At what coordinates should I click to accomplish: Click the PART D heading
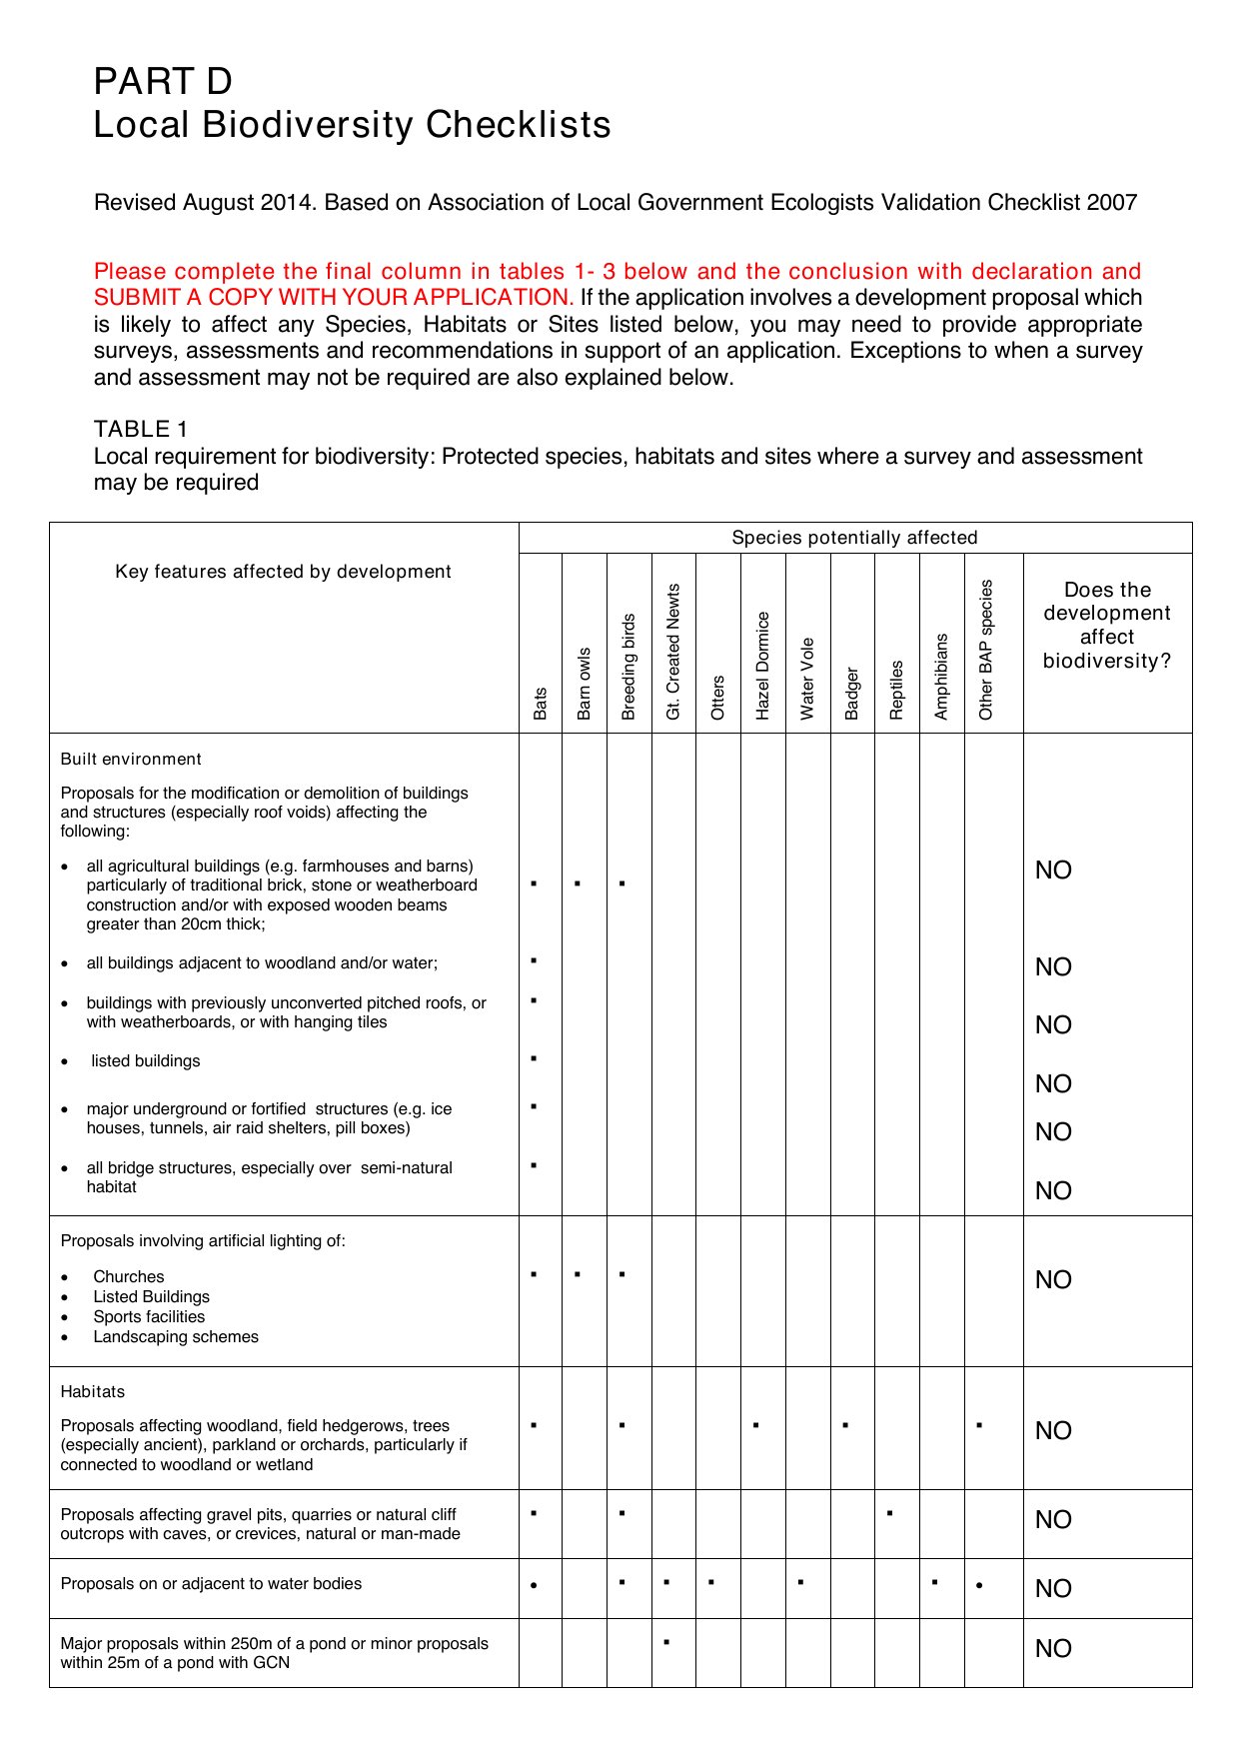click(x=163, y=81)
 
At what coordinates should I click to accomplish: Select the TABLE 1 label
click(x=141, y=429)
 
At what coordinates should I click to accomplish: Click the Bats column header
click(x=541, y=703)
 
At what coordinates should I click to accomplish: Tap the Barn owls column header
click(x=585, y=683)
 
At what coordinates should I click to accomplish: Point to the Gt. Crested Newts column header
click(x=673, y=651)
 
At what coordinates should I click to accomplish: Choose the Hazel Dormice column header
click(x=762, y=665)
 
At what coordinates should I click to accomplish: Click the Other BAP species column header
click(x=986, y=649)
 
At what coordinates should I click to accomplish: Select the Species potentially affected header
click(x=854, y=538)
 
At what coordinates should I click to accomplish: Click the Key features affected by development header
click(x=283, y=572)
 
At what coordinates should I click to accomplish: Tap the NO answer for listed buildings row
click(x=1053, y=1083)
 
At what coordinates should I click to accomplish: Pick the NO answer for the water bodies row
click(x=1053, y=1588)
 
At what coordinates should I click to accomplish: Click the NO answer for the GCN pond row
click(x=1053, y=1648)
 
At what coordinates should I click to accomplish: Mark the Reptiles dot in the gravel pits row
click(x=889, y=1513)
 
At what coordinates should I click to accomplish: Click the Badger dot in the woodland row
click(x=845, y=1424)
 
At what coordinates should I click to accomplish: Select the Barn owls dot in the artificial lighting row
click(x=578, y=1274)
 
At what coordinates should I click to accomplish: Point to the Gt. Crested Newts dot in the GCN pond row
click(x=666, y=1642)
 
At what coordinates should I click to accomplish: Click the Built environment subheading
click(x=131, y=759)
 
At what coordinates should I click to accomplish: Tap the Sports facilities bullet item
click(x=149, y=1316)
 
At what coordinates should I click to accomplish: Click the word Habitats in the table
click(x=93, y=1391)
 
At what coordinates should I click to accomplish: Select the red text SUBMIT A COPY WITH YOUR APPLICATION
click(x=334, y=298)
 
